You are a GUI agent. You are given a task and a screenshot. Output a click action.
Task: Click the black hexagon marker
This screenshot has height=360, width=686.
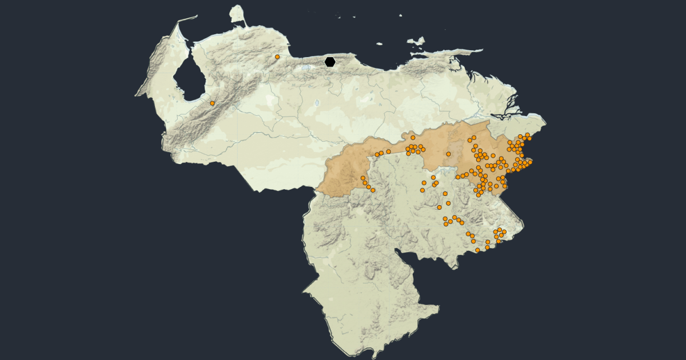(330, 62)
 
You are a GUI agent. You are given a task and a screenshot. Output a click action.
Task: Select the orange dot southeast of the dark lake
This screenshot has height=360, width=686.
(212, 103)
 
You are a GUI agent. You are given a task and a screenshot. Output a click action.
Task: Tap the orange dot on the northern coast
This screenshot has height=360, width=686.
(277, 57)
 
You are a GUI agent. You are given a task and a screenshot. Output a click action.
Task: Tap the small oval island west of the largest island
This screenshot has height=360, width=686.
(378, 43)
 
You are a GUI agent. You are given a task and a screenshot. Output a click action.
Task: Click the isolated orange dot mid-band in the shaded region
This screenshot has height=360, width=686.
(448, 154)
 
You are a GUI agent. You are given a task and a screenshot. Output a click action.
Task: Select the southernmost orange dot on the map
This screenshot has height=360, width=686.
(477, 250)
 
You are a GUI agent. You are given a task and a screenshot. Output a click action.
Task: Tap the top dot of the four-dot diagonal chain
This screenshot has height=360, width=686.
(362, 178)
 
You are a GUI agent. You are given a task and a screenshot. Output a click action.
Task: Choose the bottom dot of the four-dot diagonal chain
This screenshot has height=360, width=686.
(373, 190)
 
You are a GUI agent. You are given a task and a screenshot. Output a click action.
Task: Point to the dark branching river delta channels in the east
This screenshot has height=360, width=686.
(509, 111)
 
